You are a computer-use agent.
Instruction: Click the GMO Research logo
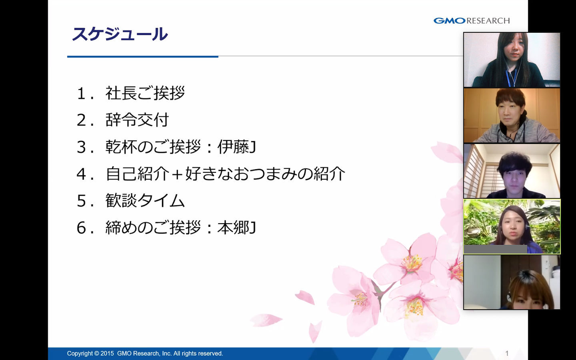(472, 20)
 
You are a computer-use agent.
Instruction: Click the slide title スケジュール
(120, 34)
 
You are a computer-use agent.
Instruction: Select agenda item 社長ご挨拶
(145, 93)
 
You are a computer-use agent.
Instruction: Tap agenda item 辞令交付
(137, 120)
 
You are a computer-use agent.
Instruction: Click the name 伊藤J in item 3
(236, 147)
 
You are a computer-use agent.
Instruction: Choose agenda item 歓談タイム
(145, 200)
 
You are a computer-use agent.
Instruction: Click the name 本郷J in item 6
(236, 228)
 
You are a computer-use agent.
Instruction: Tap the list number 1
(81, 94)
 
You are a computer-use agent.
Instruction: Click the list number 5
(81, 201)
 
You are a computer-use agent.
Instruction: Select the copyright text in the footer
(145, 354)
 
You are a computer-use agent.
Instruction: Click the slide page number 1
(507, 353)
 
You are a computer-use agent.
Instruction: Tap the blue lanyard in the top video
(512, 77)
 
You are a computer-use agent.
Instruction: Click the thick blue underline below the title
(143, 56)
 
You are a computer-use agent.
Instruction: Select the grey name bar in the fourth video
(496, 249)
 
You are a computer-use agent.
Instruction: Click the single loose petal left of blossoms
(266, 320)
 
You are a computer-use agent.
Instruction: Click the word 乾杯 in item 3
(121, 147)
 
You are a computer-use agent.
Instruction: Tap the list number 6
(81, 228)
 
